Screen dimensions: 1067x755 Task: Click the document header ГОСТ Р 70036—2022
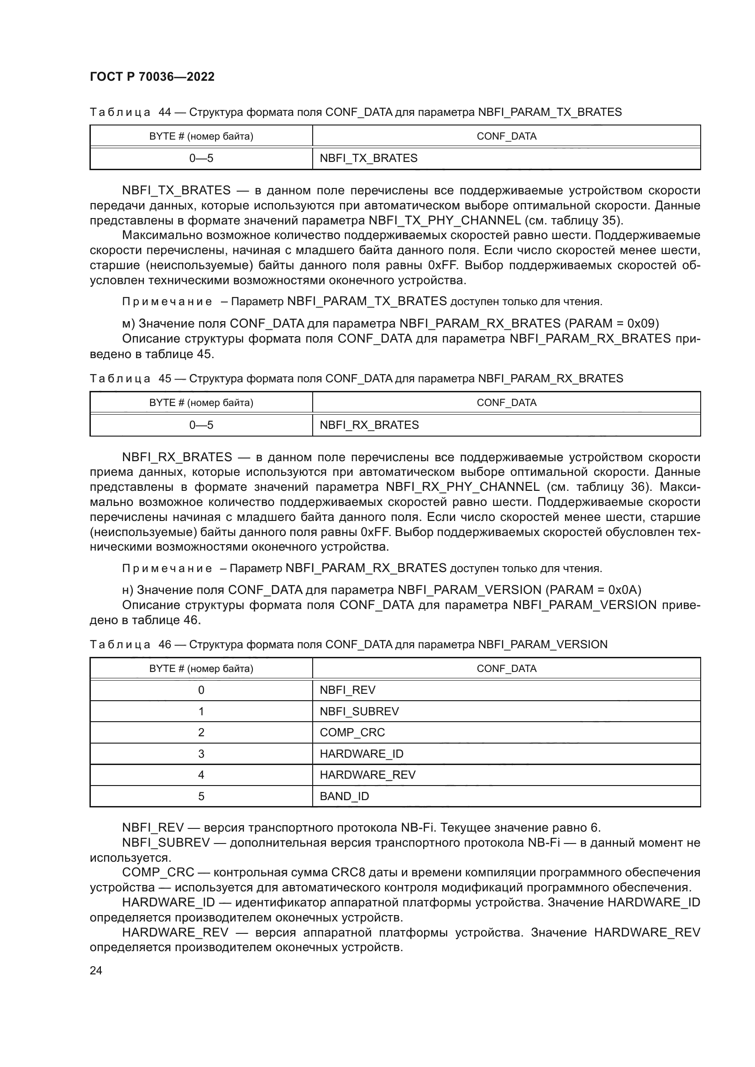coord(152,77)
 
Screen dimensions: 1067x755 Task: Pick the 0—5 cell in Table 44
coord(201,158)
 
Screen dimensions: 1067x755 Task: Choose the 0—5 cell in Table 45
coord(201,425)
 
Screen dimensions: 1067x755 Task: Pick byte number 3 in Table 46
coord(201,754)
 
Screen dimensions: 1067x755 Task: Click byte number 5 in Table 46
coord(201,796)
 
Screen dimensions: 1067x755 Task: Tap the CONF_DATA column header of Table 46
coord(506,668)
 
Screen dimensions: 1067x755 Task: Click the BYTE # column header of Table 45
coord(201,402)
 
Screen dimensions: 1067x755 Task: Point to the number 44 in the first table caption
coord(165,113)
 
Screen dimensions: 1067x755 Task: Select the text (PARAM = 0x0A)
coord(593,590)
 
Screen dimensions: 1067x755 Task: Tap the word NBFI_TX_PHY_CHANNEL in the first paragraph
coord(445,220)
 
